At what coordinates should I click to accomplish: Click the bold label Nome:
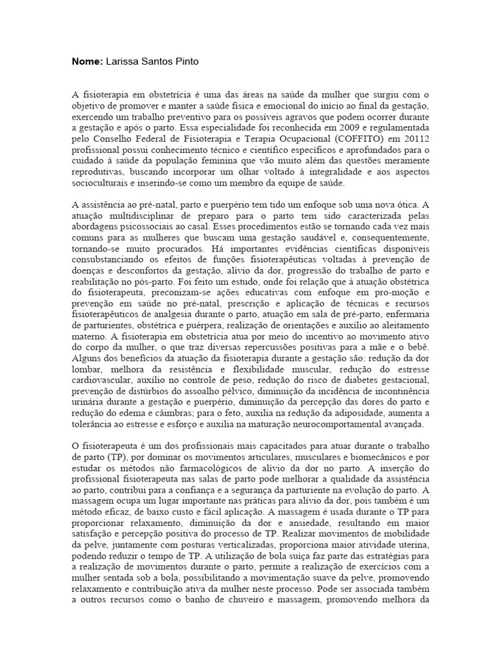87,61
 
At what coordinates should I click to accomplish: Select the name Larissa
124,61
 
